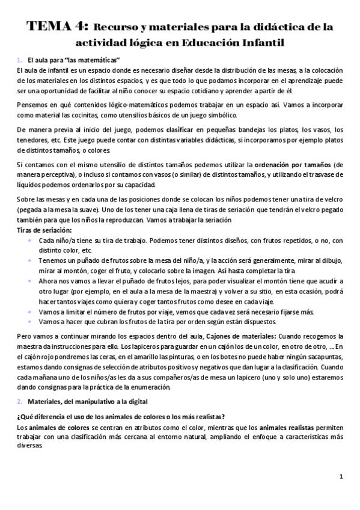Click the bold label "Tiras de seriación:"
44,230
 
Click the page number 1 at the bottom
341,477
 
